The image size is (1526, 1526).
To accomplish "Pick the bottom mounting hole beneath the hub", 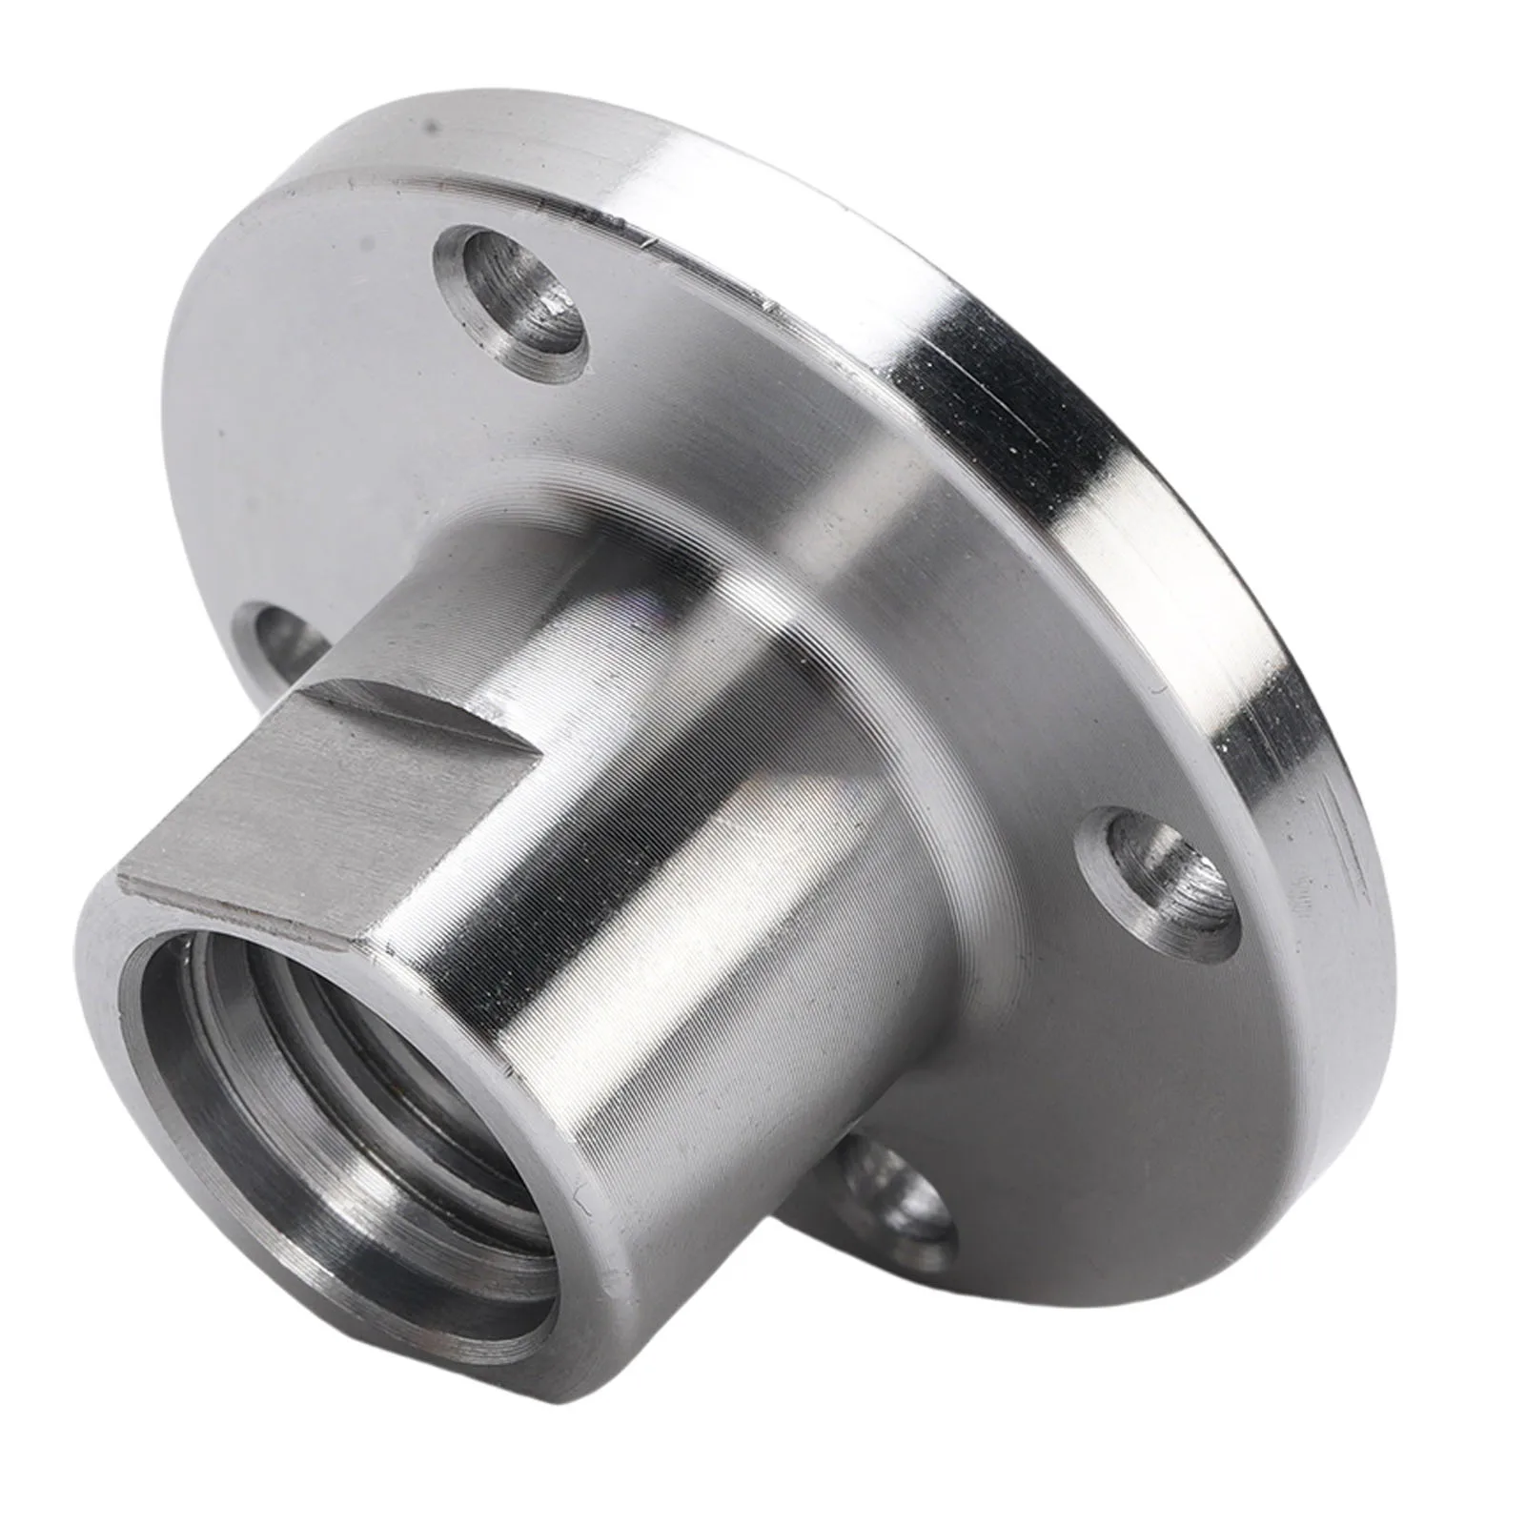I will point(896,1191).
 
